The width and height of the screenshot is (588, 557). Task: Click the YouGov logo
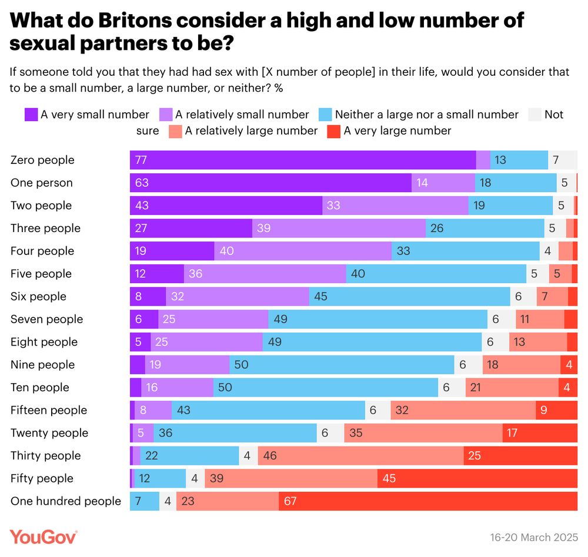(x=44, y=536)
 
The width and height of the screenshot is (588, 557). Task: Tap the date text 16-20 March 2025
(x=534, y=538)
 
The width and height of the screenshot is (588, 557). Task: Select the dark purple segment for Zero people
(x=303, y=160)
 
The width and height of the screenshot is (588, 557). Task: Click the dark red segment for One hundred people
(x=427, y=501)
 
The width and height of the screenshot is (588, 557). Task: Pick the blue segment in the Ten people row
(x=325, y=388)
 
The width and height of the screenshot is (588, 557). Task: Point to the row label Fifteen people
(x=49, y=410)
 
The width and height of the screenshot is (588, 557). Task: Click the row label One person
(x=42, y=183)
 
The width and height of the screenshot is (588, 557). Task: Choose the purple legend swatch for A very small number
(x=31, y=115)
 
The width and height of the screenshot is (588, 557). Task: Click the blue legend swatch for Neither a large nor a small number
(x=325, y=115)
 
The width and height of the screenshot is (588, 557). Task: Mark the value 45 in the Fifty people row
(x=389, y=479)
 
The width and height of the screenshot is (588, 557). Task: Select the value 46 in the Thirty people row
(x=271, y=456)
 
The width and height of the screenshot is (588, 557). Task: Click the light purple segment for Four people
(x=303, y=251)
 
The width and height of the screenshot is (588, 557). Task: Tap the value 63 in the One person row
(x=142, y=183)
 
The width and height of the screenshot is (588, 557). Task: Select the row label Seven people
(x=47, y=319)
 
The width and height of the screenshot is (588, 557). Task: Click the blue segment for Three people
(x=485, y=228)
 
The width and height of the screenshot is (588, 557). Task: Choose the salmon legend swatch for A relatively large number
(x=175, y=130)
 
